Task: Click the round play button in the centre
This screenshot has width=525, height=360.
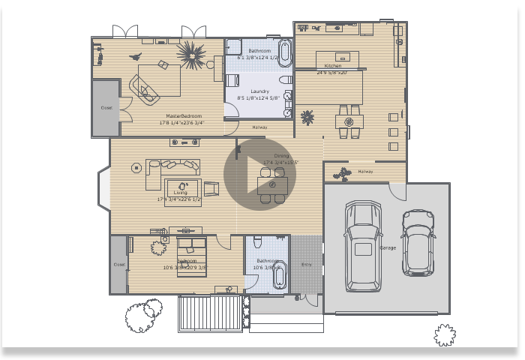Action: point(259,174)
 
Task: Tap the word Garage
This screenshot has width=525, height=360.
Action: point(388,247)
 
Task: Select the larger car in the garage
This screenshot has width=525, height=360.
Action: point(363,246)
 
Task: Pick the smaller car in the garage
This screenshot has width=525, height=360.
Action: point(418,241)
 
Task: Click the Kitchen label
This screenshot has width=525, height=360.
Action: point(332,66)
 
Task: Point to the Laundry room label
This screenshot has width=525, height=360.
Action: point(259,91)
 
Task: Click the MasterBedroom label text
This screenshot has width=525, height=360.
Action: point(183,116)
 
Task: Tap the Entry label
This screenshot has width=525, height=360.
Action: point(306,264)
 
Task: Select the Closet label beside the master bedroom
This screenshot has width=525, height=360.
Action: point(106,108)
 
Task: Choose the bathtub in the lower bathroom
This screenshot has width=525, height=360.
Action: point(280,276)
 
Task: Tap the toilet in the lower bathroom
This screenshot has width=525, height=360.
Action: point(258,241)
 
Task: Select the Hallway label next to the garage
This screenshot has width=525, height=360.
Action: point(365,172)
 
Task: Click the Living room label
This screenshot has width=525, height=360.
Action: point(181,193)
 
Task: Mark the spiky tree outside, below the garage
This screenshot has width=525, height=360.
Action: point(445,334)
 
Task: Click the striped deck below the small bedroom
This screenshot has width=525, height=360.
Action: point(210,312)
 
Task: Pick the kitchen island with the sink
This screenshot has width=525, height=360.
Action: point(337,58)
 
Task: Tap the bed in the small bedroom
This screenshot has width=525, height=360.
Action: point(191,256)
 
